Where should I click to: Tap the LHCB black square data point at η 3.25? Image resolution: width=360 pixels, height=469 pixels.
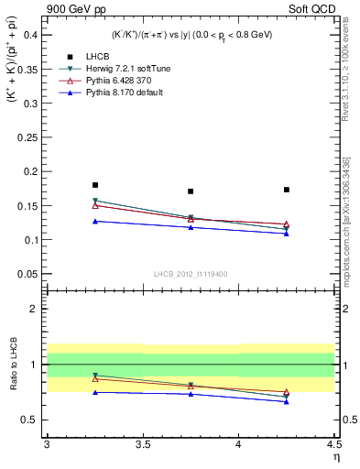(95, 185)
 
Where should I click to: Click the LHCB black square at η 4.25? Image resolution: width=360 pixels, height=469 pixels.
(287, 190)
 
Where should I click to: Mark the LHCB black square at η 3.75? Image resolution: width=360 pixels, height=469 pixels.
(191, 191)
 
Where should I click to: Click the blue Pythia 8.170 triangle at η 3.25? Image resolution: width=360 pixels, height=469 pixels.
(95, 221)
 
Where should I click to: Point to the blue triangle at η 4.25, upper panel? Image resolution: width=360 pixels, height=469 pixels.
(287, 233)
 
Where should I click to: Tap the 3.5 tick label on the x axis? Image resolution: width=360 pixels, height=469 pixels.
(143, 444)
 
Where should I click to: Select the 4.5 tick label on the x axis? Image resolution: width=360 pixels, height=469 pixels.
(333, 444)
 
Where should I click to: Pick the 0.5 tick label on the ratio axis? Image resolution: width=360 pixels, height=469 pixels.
(33, 420)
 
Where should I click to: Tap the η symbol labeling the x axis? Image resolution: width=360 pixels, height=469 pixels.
(335, 457)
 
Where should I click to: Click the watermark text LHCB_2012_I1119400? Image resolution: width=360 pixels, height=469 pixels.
(191, 274)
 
